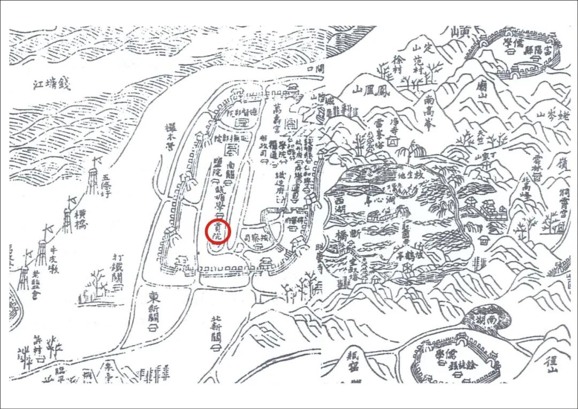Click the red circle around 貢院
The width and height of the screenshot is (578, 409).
[x=218, y=232]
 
